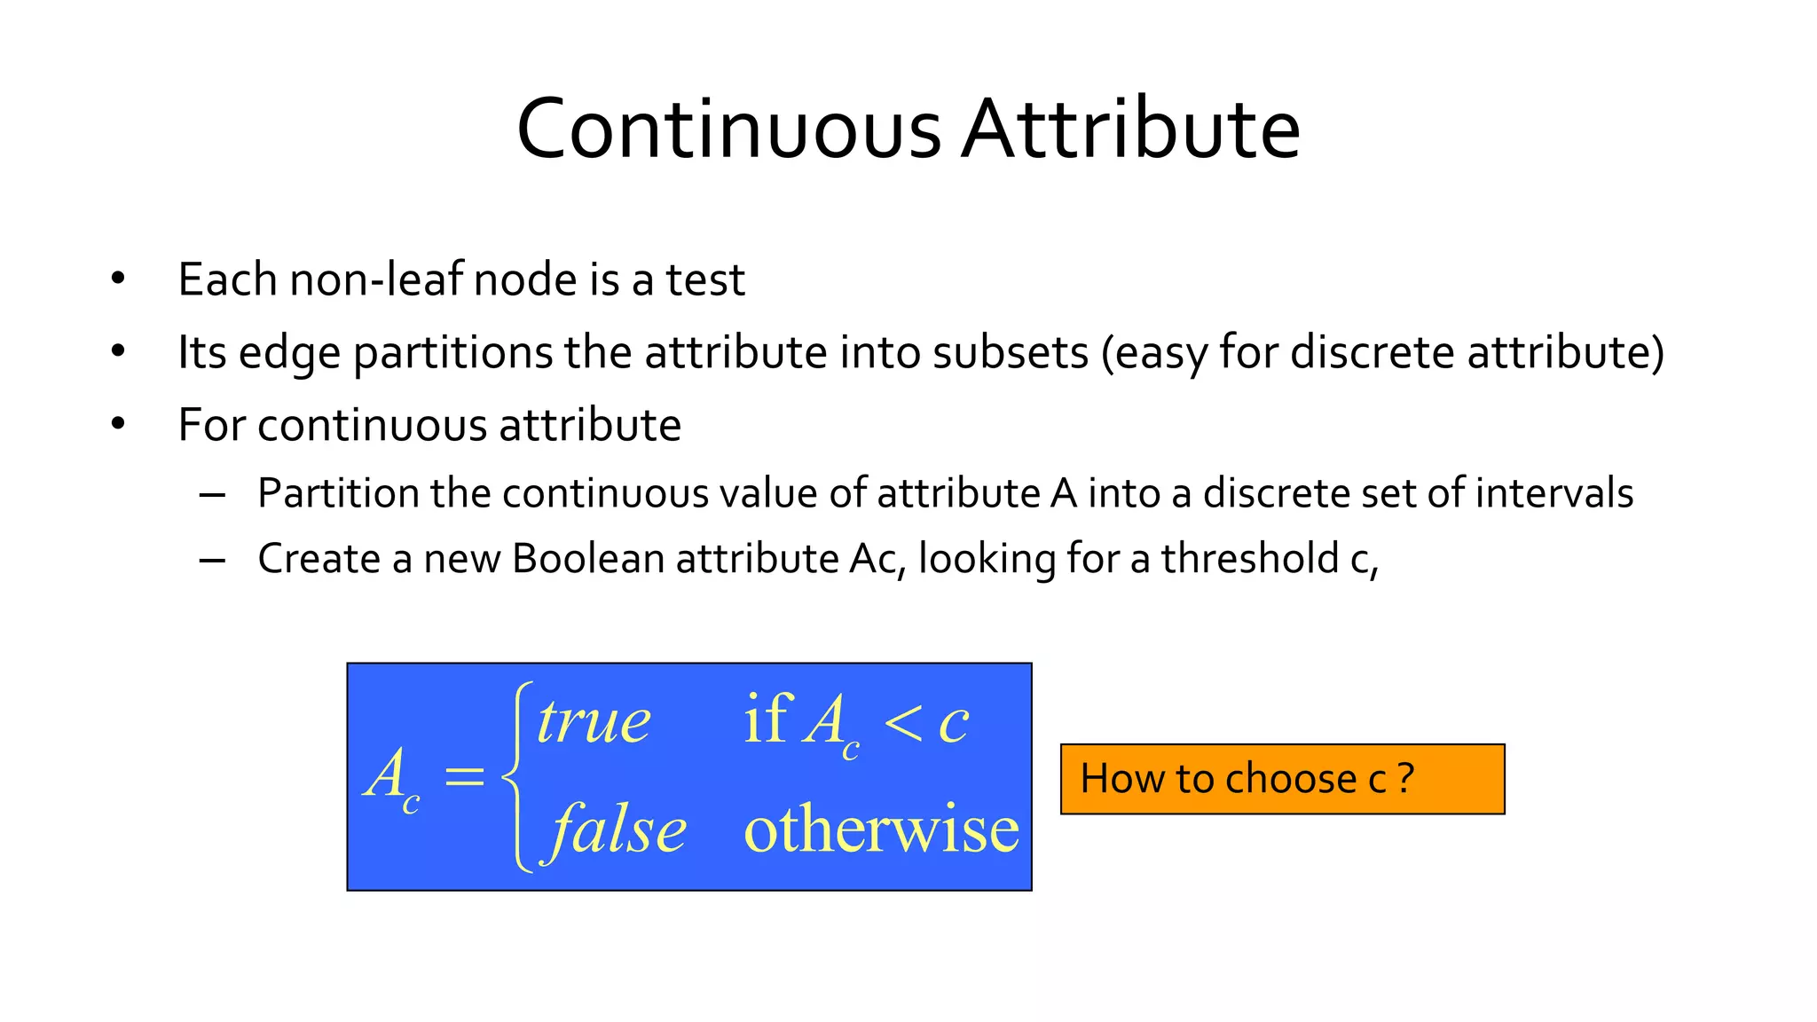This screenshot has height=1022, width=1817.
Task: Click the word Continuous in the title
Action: (x=728, y=130)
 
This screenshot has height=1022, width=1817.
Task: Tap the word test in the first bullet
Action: (x=705, y=280)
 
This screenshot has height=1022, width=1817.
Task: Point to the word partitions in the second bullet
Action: (x=452, y=353)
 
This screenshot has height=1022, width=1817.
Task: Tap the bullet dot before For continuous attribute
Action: (x=118, y=425)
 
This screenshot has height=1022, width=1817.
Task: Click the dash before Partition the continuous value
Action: (x=212, y=494)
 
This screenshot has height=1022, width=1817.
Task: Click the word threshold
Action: (x=1250, y=559)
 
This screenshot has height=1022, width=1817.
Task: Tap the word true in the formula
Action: (x=594, y=721)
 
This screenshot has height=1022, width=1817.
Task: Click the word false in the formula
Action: (x=618, y=829)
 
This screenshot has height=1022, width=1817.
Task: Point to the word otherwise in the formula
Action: (x=881, y=829)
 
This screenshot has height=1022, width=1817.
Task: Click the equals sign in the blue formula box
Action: (x=464, y=777)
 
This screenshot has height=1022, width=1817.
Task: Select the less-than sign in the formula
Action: (x=904, y=722)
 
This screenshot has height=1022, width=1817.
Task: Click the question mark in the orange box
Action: (x=1405, y=779)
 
